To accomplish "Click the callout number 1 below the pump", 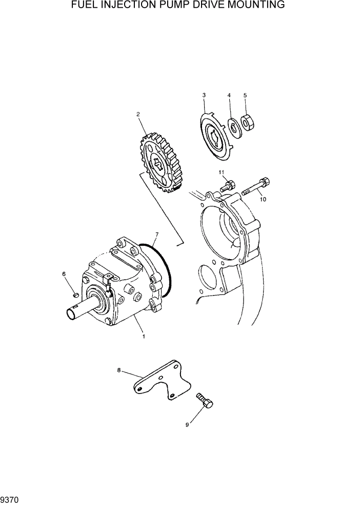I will [x=144, y=337].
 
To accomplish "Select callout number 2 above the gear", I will [x=138, y=114].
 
